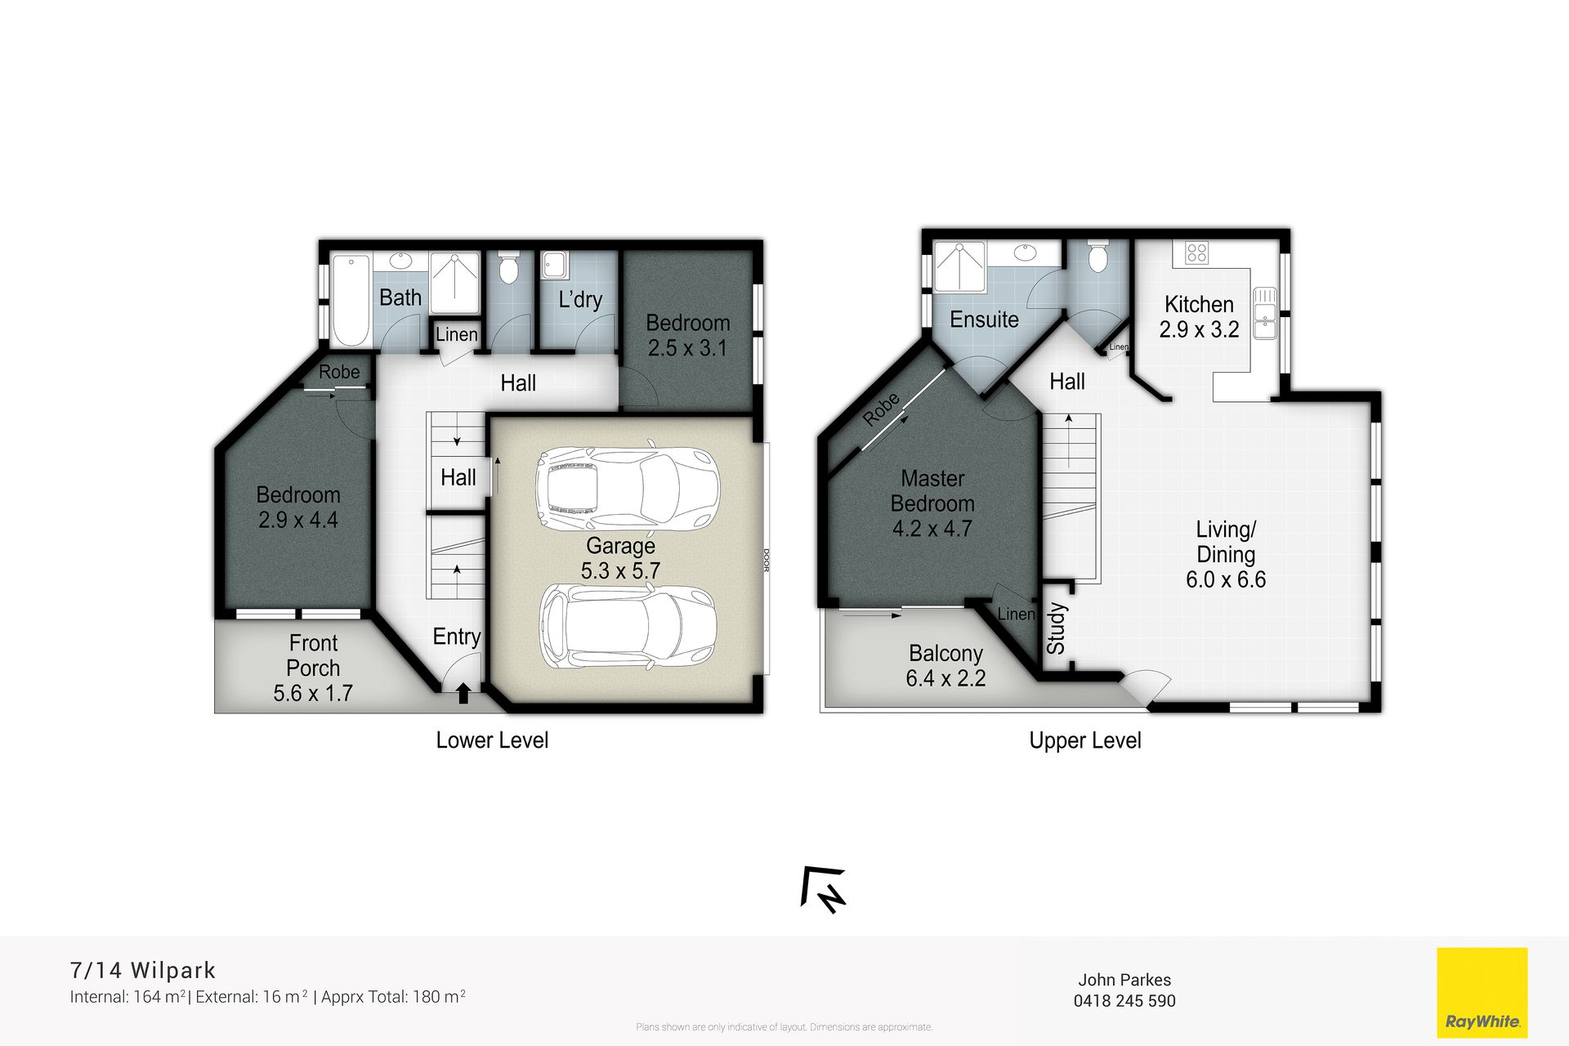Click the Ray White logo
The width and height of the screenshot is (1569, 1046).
[1482, 992]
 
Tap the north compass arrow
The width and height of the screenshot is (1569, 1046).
[824, 889]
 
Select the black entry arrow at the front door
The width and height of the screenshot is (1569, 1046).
[463, 693]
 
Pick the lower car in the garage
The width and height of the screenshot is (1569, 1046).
[628, 626]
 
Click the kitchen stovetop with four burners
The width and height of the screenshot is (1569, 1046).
[1196, 253]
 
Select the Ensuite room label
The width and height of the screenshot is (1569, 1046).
[984, 320]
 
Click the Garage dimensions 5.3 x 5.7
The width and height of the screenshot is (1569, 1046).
[620, 571]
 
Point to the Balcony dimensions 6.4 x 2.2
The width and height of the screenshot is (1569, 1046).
[945, 678]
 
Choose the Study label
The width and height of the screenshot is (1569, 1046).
[1056, 628]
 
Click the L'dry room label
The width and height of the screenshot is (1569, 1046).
[580, 300]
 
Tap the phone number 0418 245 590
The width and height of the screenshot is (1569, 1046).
[1124, 1001]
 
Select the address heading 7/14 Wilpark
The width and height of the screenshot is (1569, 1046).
[143, 970]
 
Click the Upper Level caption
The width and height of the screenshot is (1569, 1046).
[1085, 740]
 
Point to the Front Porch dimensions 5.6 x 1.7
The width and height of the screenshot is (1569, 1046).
[313, 693]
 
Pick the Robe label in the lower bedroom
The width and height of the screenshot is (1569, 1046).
[339, 372]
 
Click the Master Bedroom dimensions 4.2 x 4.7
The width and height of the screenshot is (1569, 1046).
[932, 529]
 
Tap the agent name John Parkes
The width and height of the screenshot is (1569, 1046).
[1124, 980]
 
